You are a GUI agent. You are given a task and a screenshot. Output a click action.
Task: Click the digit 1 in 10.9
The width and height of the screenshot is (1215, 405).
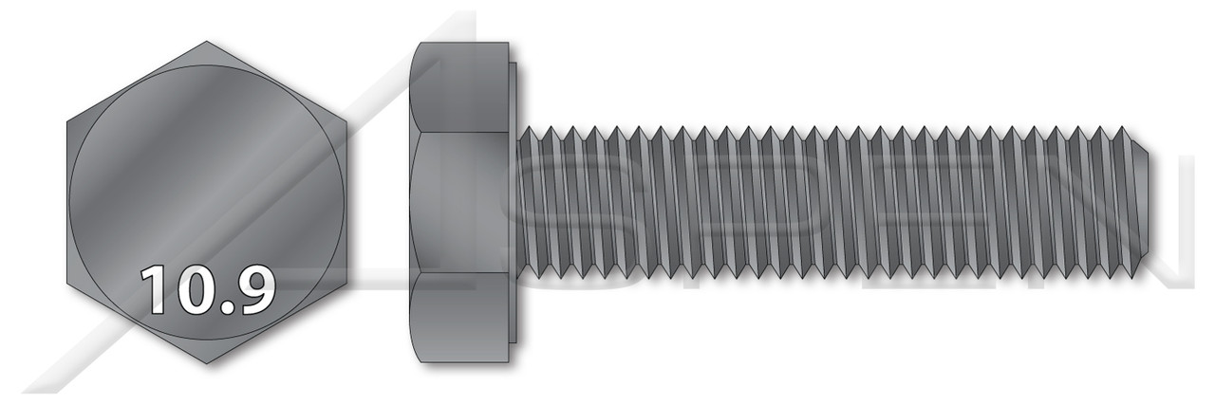coord(156,290)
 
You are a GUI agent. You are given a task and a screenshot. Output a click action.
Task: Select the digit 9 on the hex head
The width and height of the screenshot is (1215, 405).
coord(253,290)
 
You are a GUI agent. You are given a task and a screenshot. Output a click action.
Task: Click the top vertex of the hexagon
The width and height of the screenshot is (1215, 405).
coord(206,41)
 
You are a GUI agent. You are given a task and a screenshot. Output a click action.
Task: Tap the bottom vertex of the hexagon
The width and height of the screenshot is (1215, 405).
coord(206,364)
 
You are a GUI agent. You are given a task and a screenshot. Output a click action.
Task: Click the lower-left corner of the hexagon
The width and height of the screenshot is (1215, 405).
coord(66,283)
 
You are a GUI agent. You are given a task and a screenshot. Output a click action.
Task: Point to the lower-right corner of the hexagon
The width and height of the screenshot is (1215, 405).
coord(346,283)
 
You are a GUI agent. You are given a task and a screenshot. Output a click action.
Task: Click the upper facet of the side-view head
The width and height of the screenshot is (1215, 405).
coord(460,87)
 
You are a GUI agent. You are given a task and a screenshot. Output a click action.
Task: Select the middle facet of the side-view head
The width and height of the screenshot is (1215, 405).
coord(460,202)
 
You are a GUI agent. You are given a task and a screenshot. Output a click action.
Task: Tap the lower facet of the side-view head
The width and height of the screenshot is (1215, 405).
coord(460,318)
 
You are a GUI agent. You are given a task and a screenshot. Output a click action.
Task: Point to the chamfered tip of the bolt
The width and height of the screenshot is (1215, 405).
coord(1144,202)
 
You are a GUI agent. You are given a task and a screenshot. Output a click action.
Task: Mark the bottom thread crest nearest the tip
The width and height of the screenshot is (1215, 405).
coord(1120,276)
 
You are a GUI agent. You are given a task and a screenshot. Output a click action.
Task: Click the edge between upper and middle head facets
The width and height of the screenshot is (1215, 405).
coord(460,132)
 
